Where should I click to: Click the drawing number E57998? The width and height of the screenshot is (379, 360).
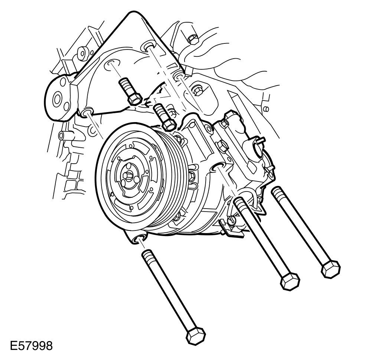[31, 346]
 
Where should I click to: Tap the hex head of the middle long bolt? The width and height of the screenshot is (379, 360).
[290, 281]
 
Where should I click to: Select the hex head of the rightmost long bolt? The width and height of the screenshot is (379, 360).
[331, 268]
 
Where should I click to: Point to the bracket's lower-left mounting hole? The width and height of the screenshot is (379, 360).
[87, 112]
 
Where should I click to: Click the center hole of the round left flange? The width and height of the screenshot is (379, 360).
[58, 99]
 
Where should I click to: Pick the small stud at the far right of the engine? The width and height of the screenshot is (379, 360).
[267, 109]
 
